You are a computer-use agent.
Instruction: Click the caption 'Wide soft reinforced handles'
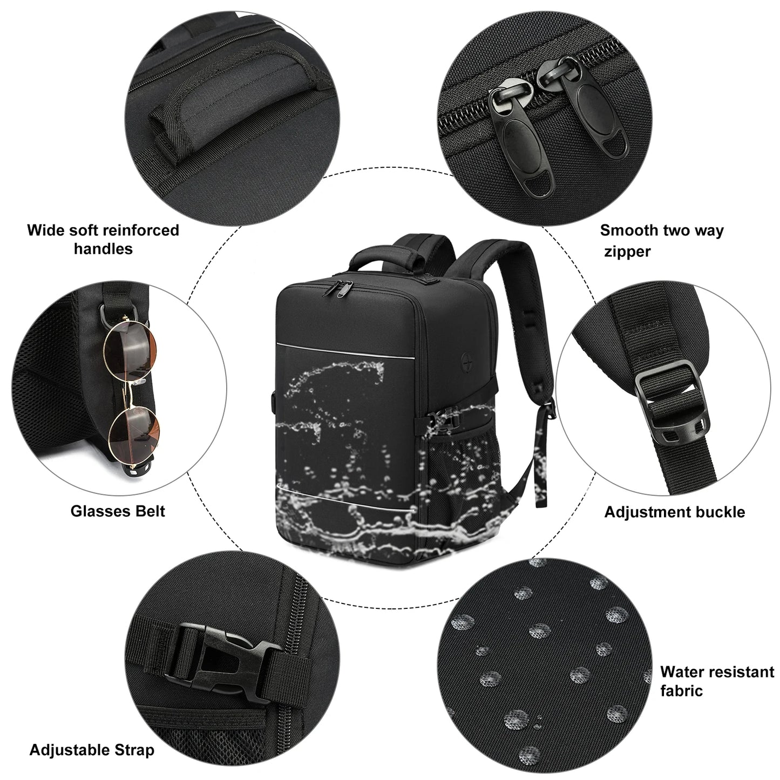pyautogui.click(x=103, y=239)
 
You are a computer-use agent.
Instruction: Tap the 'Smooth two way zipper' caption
pyautogui.click(x=661, y=240)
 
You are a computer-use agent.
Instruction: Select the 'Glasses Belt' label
pyautogui.click(x=118, y=511)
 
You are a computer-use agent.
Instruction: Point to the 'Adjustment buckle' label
pyautogui.click(x=674, y=512)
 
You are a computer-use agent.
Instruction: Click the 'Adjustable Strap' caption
pyautogui.click(x=92, y=750)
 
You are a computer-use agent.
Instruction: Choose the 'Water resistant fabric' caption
pyautogui.click(x=717, y=681)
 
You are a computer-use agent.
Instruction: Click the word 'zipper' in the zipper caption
pyautogui.click(x=627, y=251)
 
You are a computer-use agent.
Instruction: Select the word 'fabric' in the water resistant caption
pyautogui.click(x=681, y=690)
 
